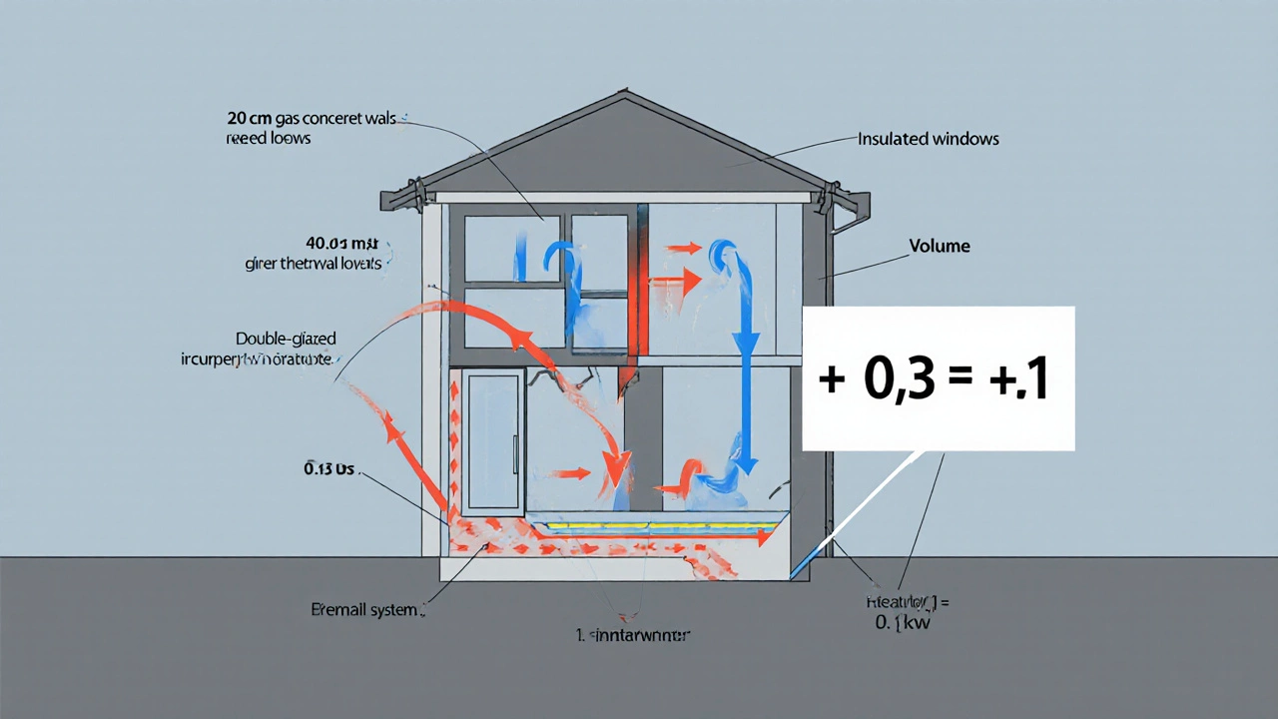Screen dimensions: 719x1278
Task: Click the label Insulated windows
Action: (x=929, y=139)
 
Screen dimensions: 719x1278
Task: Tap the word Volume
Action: (x=940, y=246)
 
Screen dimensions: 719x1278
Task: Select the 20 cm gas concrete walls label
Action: (x=312, y=118)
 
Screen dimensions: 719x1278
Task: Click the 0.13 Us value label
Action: (x=330, y=467)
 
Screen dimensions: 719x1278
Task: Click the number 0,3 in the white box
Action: (x=900, y=381)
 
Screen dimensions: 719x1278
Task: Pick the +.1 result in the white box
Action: (x=1019, y=381)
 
